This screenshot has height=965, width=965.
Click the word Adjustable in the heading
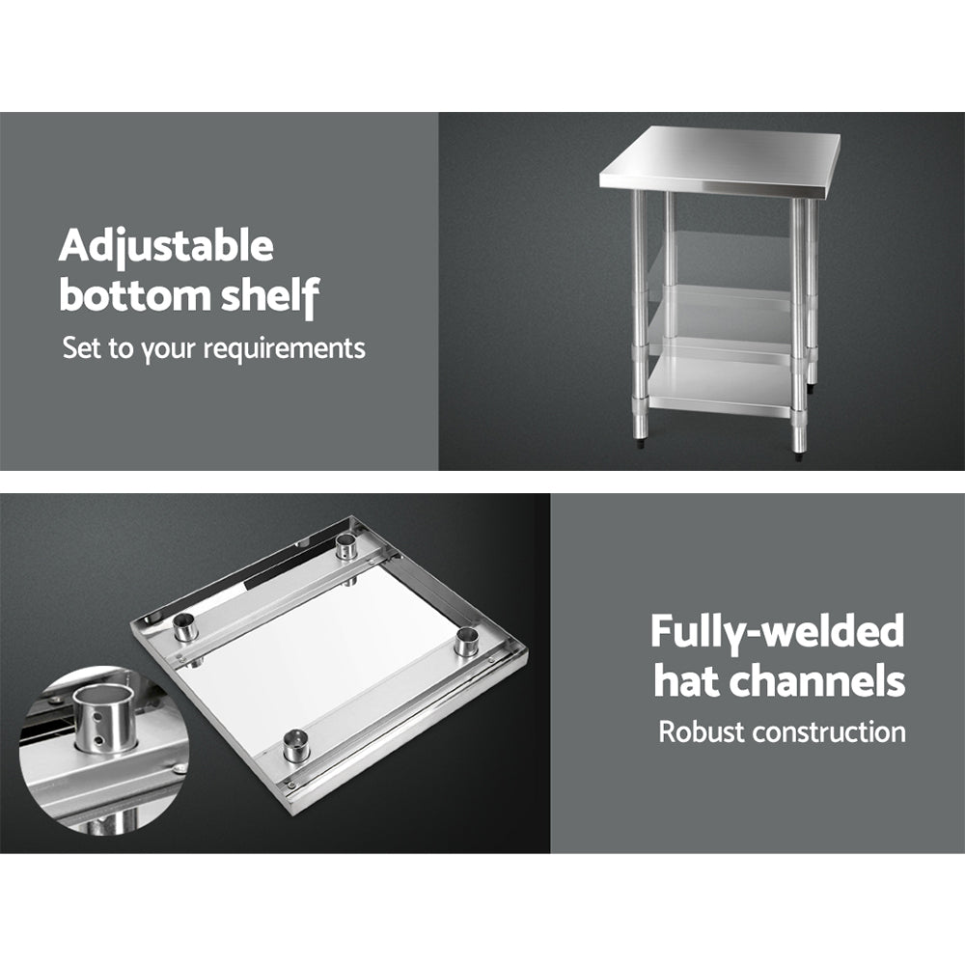pos(166,248)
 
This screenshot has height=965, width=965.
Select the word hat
pos(686,680)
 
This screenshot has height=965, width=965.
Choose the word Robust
pos(702,731)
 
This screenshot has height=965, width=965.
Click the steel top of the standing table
pos(719,159)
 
